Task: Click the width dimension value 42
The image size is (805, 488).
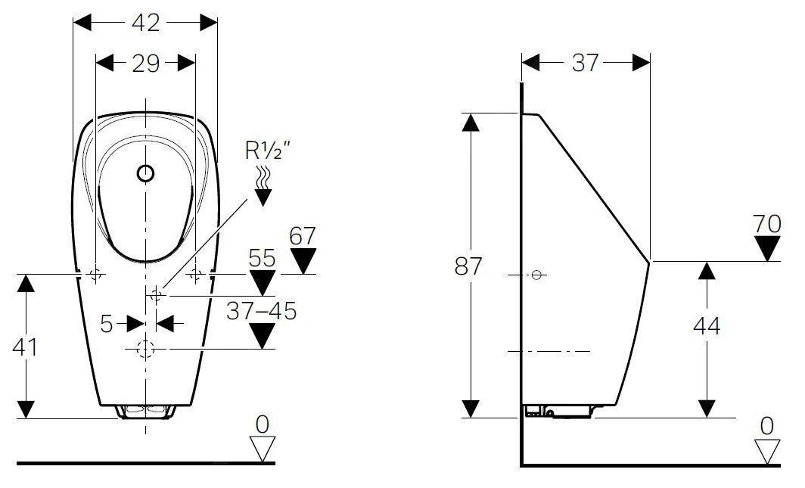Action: coord(145,23)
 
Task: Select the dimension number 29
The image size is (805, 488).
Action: coord(145,64)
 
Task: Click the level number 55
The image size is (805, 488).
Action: coord(263,259)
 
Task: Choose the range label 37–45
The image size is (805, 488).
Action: coord(263,310)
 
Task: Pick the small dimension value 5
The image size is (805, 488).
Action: coord(107,324)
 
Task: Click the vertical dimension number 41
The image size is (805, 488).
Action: coord(26,347)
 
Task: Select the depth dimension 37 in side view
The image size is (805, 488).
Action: coord(585,64)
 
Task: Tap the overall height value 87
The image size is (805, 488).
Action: coord(470,266)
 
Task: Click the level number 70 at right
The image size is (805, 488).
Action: coord(768,224)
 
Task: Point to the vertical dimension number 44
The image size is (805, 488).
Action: coord(706,326)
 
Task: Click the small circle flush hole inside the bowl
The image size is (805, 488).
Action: coord(145,174)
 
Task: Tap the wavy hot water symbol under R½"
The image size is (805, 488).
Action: coord(263,179)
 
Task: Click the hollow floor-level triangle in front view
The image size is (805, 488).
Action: coord(263,449)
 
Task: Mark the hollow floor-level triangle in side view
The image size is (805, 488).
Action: coord(768,451)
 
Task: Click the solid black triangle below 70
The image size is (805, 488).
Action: coord(768,248)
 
